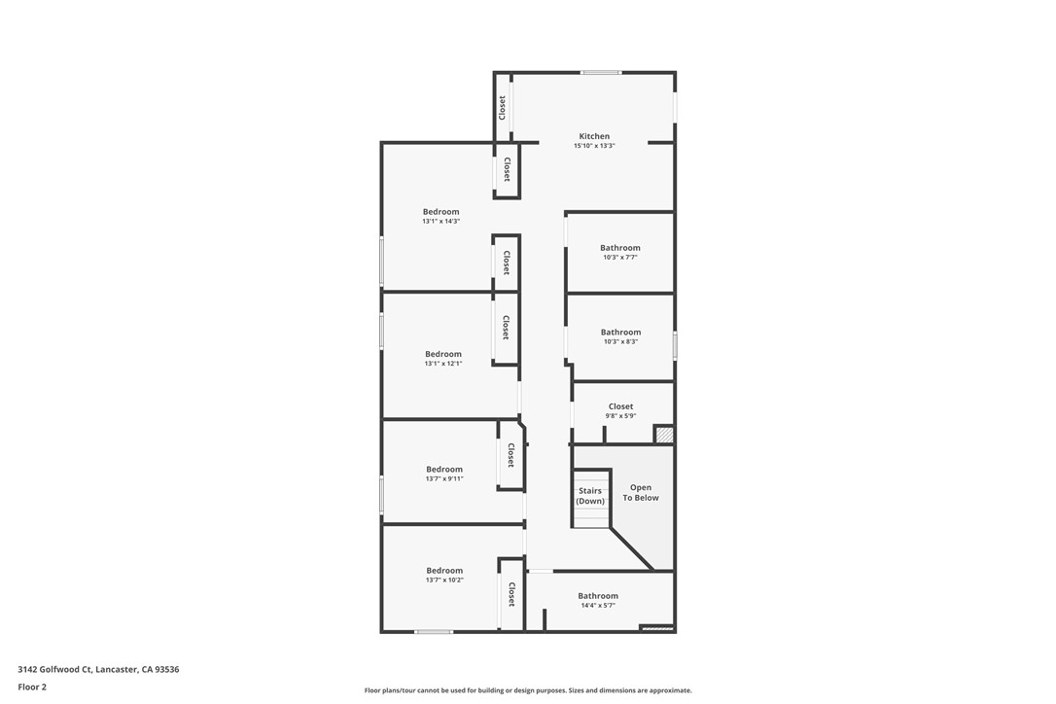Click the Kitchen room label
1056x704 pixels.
click(594, 137)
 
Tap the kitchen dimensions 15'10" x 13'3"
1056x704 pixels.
click(594, 146)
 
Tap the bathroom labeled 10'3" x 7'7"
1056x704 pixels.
click(620, 252)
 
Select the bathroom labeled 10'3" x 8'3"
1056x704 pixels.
click(620, 336)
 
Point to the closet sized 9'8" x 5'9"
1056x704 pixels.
click(620, 410)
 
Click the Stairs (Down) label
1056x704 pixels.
click(590, 496)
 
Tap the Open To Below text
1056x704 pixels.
click(641, 493)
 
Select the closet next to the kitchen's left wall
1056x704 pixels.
click(503, 107)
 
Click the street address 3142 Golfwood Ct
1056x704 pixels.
click(98, 669)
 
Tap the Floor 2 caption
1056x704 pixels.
click(32, 686)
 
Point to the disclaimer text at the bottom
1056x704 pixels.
click(528, 690)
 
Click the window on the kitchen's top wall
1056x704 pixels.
click(601, 72)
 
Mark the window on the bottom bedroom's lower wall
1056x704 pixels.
click(434, 632)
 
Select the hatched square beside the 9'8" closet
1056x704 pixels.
click(664, 435)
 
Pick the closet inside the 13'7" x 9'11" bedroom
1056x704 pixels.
click(510, 455)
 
